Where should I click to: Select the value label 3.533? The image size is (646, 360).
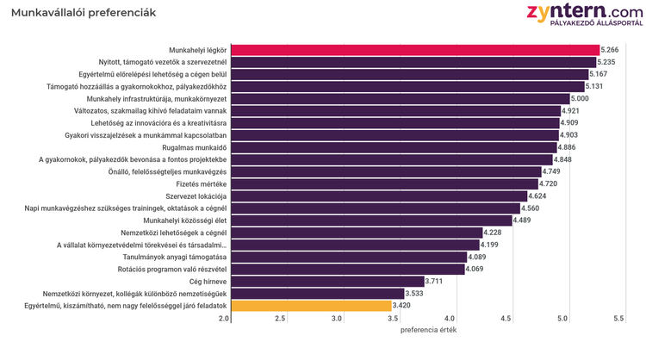click(417, 294)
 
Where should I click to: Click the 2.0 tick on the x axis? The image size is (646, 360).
click(225, 320)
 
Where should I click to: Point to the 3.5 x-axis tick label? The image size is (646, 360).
click(394, 320)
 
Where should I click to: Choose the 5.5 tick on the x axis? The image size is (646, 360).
click(618, 320)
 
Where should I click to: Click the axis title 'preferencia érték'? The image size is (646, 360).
click(428, 331)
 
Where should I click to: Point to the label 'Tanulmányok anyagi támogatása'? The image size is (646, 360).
click(175, 258)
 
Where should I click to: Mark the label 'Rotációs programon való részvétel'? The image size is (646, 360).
click(171, 270)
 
